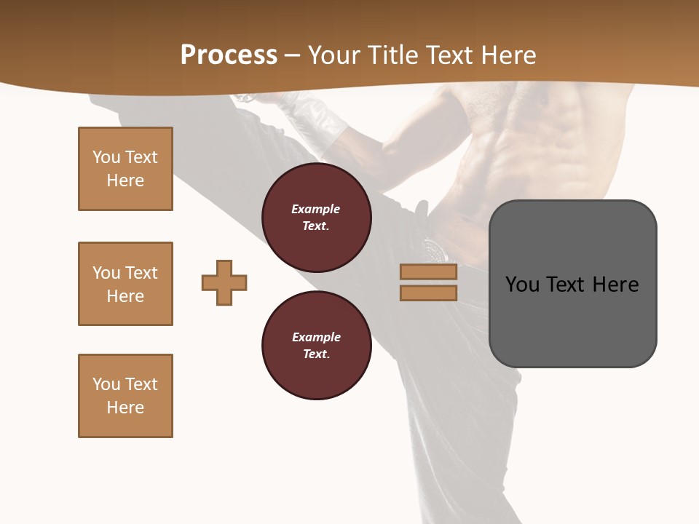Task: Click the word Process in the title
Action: click(x=229, y=55)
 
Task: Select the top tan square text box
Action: click(x=125, y=169)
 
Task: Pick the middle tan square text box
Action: click(x=125, y=284)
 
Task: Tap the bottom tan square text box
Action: click(x=125, y=396)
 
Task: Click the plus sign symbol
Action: click(x=224, y=282)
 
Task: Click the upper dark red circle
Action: click(x=316, y=218)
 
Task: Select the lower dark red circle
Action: click(x=316, y=346)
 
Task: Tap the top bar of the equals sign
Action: click(x=428, y=272)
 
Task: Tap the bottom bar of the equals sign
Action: click(x=428, y=293)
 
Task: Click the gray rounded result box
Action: click(x=572, y=320)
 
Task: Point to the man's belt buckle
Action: click(x=436, y=250)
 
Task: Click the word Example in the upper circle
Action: click(x=316, y=209)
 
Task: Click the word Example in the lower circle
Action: click(x=316, y=337)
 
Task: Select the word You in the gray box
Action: click(x=523, y=285)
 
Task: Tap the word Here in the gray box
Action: click(x=615, y=285)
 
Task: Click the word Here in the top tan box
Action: click(x=125, y=180)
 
